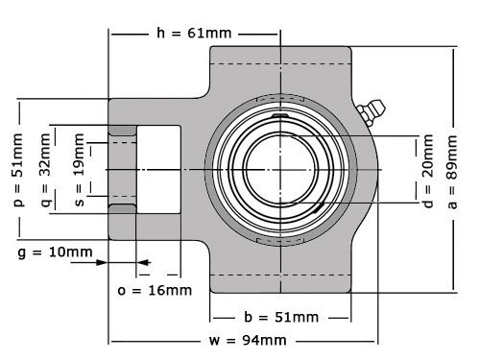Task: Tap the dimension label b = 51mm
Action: [x=280, y=317]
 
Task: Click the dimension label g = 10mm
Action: [x=55, y=252]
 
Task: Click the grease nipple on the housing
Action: [x=368, y=113]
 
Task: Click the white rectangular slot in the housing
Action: [x=159, y=169]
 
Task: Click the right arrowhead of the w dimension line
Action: [x=377, y=341]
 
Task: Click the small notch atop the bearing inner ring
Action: [x=280, y=118]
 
